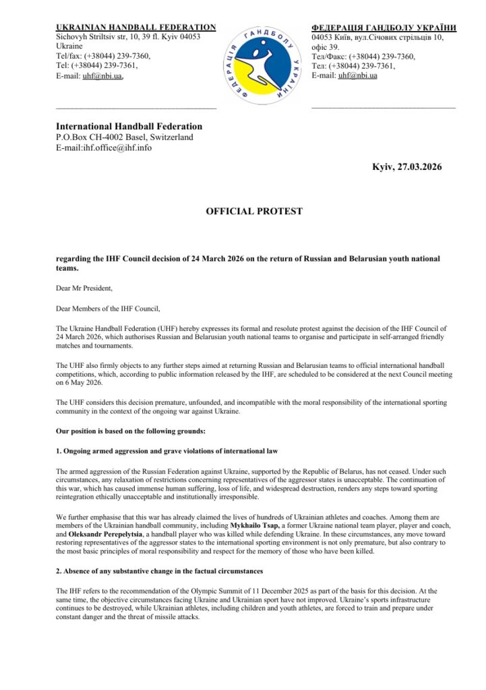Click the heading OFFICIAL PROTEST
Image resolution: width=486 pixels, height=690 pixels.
254,211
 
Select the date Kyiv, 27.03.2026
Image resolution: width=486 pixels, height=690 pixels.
407,166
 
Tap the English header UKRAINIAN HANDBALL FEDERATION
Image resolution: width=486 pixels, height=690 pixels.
135,28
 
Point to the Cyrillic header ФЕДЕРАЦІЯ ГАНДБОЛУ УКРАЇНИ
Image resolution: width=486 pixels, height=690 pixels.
384,28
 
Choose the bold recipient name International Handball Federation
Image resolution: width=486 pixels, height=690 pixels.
129,126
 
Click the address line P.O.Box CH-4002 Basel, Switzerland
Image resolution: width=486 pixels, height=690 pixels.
124,137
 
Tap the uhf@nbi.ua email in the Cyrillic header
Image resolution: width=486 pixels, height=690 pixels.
357,75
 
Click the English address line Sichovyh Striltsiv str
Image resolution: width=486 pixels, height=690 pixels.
128,36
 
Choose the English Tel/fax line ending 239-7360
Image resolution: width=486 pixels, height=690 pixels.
103,56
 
